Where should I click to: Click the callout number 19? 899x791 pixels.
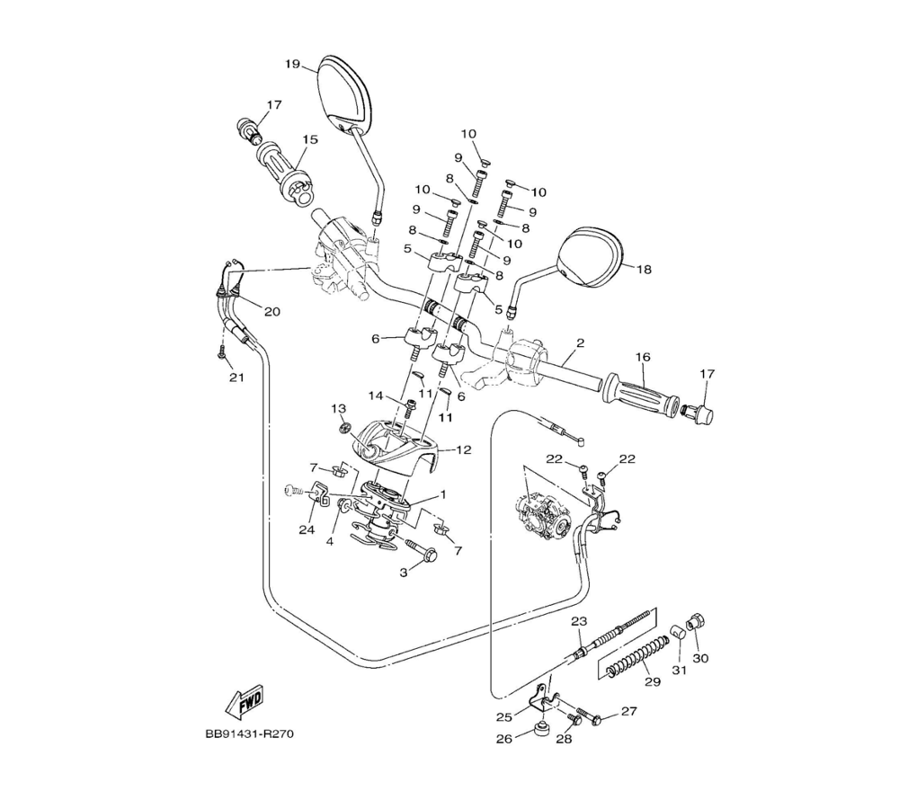coord(292,64)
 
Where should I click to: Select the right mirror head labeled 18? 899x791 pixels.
coord(590,256)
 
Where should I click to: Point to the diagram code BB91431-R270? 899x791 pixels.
coord(249,733)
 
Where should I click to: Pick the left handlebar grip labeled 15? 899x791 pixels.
coord(284,173)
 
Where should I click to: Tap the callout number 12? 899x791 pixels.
coord(463,450)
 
